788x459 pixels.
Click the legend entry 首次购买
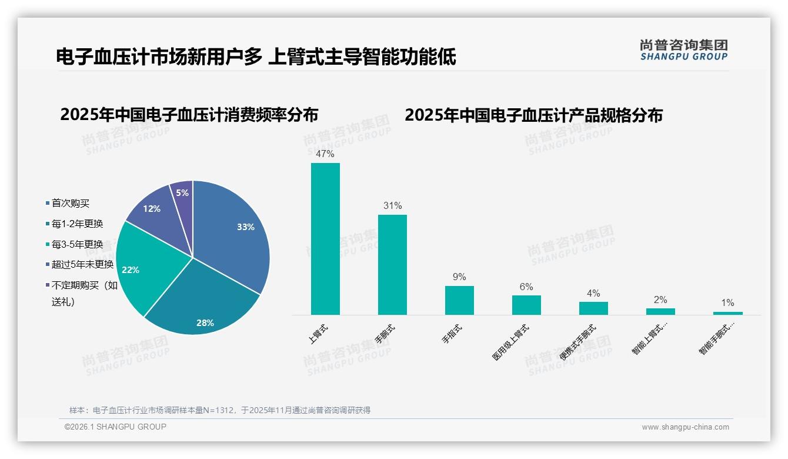click(70, 203)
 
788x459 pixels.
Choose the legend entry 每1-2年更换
click(77, 224)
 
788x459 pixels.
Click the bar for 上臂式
click(325, 239)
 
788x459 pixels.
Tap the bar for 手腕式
click(392, 265)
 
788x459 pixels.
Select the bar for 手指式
click(459, 300)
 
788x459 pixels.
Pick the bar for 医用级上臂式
click(526, 305)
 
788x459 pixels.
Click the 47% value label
click(325, 154)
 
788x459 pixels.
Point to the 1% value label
click(727, 303)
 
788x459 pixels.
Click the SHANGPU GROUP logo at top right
click(683, 50)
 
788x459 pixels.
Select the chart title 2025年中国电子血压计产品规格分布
click(533, 115)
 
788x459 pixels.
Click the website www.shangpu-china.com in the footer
click(685, 427)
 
